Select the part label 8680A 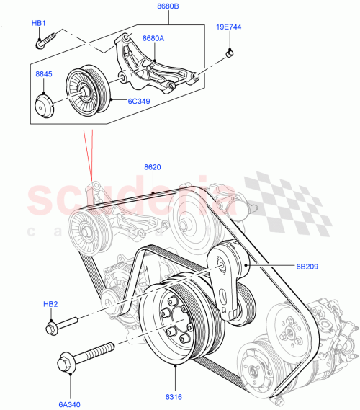tap(153, 38)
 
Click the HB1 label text tap(38, 23)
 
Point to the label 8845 tap(44, 73)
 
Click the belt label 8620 tap(153, 167)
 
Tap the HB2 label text tap(50, 305)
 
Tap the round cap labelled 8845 tap(45, 104)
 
